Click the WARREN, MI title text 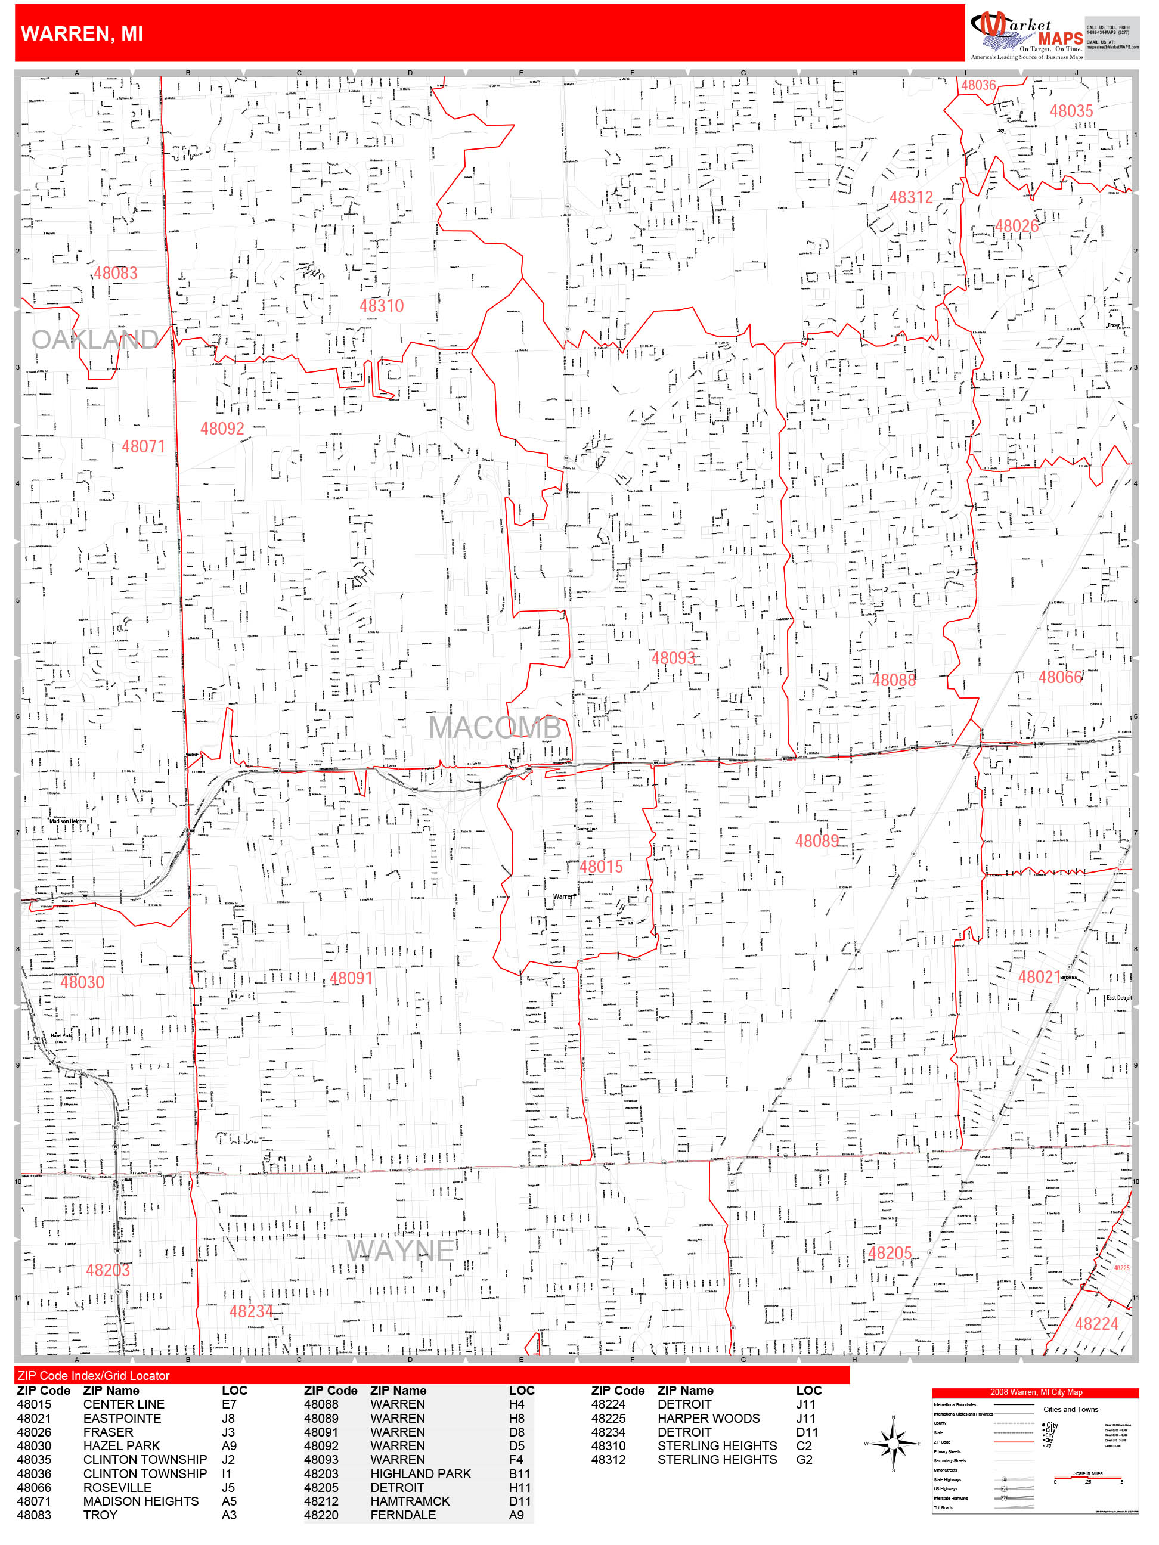[x=82, y=33]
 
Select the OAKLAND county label [x=95, y=339]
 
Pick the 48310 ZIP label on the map [x=382, y=305]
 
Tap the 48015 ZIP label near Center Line [x=601, y=867]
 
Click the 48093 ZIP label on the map [x=674, y=658]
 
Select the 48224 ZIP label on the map [x=1096, y=1324]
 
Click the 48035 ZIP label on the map [x=1071, y=111]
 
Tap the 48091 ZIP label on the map [x=351, y=978]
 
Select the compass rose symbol [x=893, y=1443]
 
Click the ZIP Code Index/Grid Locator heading [x=94, y=1375]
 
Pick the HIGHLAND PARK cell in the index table [x=420, y=1473]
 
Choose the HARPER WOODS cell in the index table [x=708, y=1418]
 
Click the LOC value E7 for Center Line [x=229, y=1404]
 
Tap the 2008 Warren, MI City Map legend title [x=1036, y=1391]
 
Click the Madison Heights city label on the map [x=68, y=821]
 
